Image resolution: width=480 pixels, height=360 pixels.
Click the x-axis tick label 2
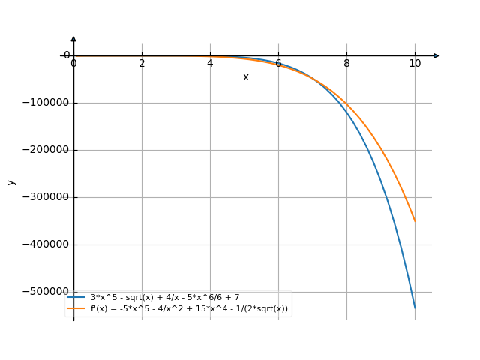[142, 63]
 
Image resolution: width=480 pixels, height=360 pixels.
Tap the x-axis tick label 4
[210, 63]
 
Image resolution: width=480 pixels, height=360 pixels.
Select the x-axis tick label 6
[278, 63]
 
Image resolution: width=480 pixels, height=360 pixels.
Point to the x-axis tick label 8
[346, 63]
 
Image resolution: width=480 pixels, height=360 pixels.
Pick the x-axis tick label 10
[415, 63]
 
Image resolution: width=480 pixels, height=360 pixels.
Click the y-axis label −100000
[43, 103]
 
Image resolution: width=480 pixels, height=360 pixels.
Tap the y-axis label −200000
[43, 150]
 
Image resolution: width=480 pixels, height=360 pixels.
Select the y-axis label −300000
[43, 197]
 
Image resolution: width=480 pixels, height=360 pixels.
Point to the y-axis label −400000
[43, 244]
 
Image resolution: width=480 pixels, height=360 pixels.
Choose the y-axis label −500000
[43, 292]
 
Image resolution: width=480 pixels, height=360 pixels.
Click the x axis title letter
[245, 76]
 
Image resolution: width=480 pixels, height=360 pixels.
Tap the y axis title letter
[10, 181]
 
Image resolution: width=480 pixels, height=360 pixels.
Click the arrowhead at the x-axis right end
[436, 55]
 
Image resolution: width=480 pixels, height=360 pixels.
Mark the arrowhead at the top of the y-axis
[73, 38]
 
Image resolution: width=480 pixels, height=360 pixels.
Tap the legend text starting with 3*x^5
[175, 298]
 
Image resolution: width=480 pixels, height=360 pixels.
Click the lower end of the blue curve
[415, 307]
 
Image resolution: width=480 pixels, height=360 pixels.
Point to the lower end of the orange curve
[415, 221]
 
